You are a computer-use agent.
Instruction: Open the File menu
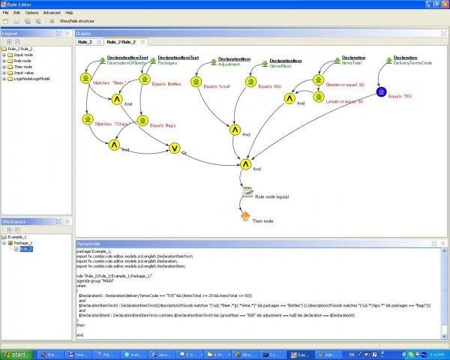pyautogui.click(x=5, y=13)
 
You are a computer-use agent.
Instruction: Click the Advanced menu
pyautogui.click(x=52, y=13)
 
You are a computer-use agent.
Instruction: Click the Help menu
pyautogui.click(x=69, y=13)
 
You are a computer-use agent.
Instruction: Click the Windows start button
pyautogui.click(x=16, y=353)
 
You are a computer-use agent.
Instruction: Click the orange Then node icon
pyautogui.click(x=245, y=216)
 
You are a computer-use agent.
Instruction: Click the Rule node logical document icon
pyautogui.click(x=247, y=193)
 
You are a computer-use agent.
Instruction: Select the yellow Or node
pyautogui.click(x=175, y=148)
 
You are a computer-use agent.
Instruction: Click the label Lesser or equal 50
pyautogui.click(x=343, y=100)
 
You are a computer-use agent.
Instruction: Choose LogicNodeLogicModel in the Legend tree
pyautogui.click(x=28, y=78)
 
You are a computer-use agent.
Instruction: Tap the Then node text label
pyautogui.click(x=263, y=220)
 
